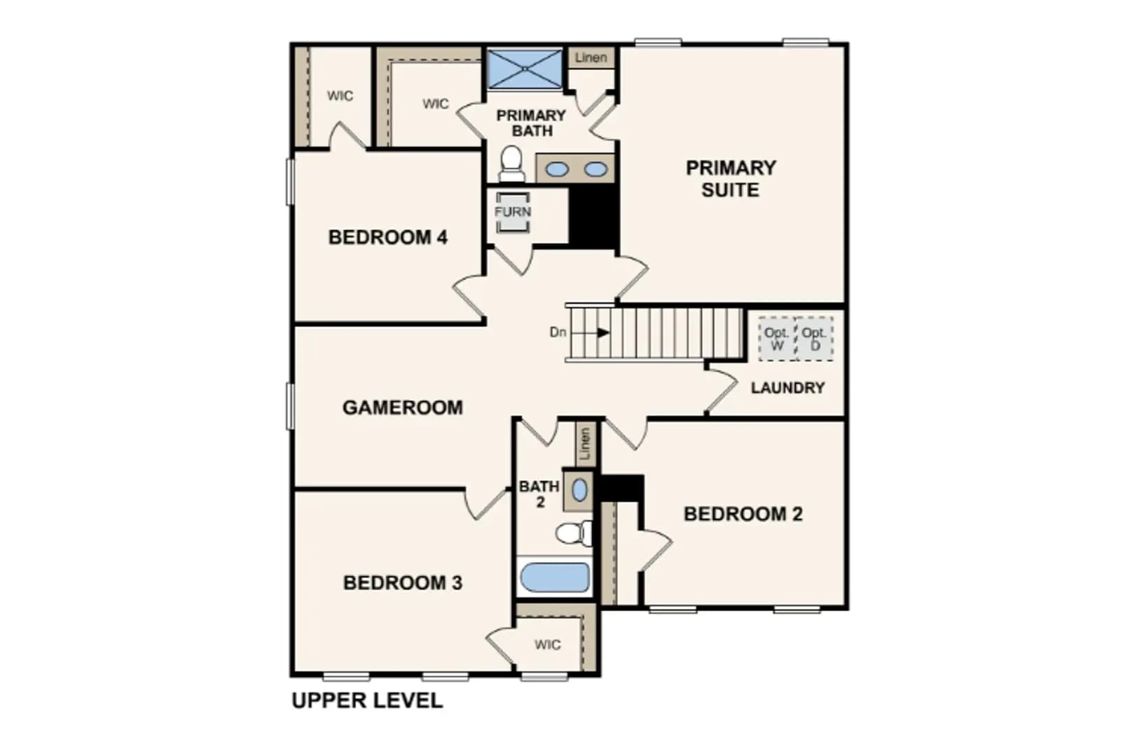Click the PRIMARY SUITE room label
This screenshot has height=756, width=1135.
[731, 178]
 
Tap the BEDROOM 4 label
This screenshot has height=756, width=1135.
[388, 237]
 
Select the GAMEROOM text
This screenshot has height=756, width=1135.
[403, 407]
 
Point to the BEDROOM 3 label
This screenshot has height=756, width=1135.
[403, 583]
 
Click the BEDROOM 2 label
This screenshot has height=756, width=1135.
[743, 514]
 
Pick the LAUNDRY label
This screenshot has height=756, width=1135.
[788, 388]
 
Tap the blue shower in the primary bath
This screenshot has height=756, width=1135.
[525, 69]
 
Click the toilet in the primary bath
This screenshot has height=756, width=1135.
[511, 164]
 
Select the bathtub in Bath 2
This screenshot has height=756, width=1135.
[555, 577]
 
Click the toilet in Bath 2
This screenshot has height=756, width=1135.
[574, 533]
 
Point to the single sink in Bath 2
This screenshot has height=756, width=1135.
[579, 490]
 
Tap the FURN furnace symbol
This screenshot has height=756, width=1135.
[513, 212]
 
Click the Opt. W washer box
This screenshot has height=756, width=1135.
[777, 339]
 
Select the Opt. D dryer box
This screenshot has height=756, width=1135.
[814, 339]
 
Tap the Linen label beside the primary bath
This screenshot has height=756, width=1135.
[591, 57]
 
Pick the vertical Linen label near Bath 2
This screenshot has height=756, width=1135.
[585, 444]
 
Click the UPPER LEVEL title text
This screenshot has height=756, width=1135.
[367, 701]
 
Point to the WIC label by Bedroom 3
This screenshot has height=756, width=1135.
[548, 645]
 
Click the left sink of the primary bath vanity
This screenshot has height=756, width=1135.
[557, 169]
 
